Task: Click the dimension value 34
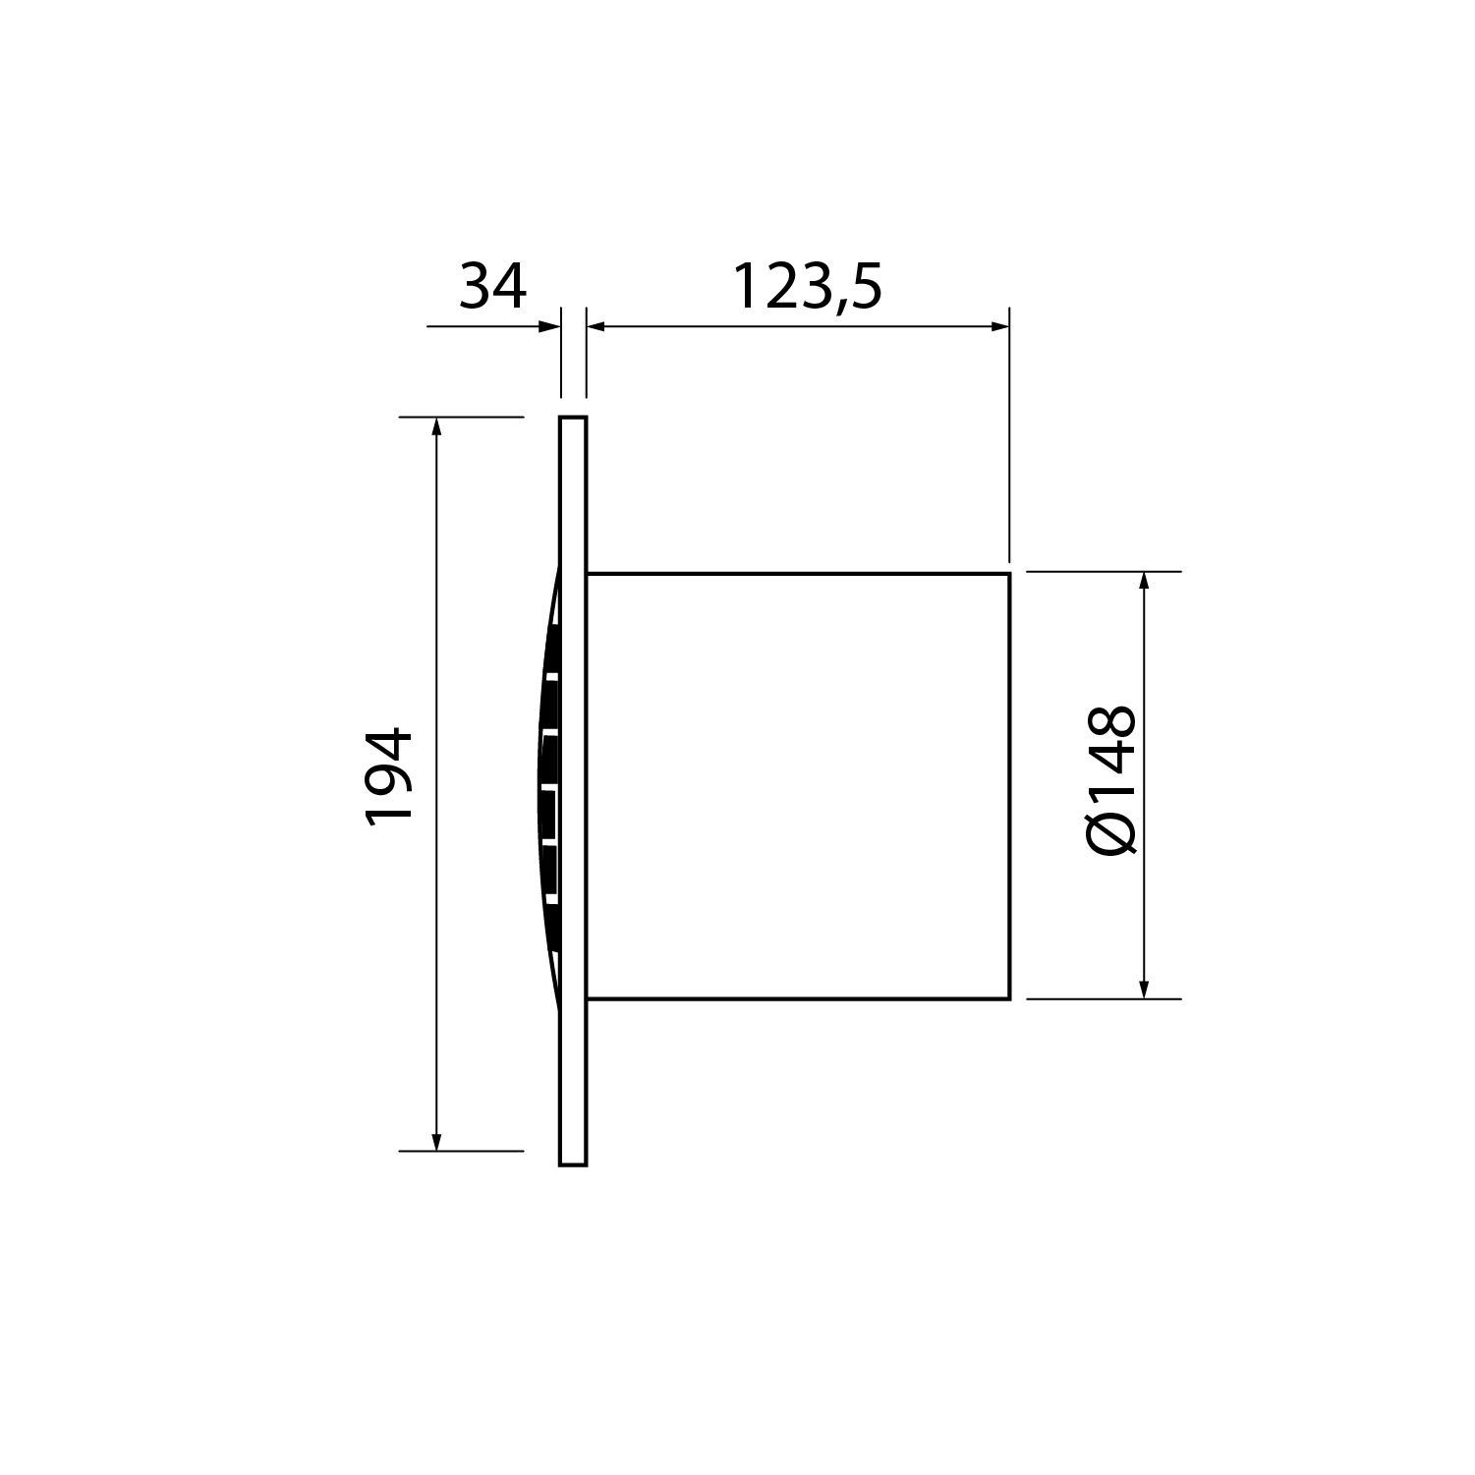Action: pyautogui.click(x=493, y=286)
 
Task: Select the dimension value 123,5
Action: pyautogui.click(x=808, y=286)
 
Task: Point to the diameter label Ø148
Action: pyautogui.click(x=1113, y=778)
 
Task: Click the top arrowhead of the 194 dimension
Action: pyautogui.click(x=436, y=425)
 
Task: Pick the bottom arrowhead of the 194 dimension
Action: pyautogui.click(x=436, y=1142)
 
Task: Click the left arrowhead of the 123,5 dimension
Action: pyautogui.click(x=596, y=326)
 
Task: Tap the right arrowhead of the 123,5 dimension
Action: pyautogui.click(x=1000, y=326)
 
